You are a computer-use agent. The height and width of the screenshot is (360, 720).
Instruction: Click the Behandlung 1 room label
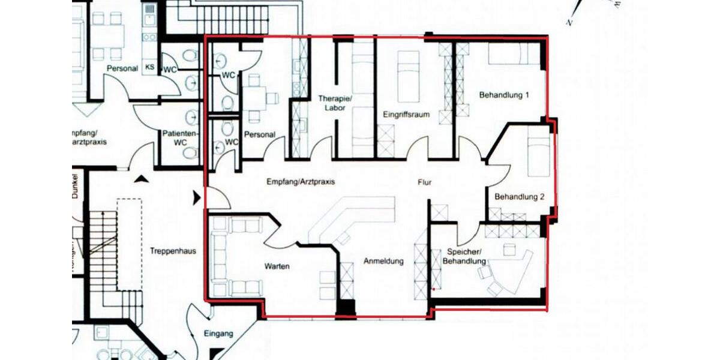pos(503,95)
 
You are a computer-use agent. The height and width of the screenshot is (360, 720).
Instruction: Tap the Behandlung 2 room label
pos(519,197)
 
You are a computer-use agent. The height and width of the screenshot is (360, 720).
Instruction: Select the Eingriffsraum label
pos(406,114)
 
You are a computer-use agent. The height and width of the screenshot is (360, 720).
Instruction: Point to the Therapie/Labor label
pos(335,103)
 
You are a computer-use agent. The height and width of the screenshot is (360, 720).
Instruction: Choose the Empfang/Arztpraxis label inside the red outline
pos(300,181)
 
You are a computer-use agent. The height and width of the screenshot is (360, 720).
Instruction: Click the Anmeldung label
pos(383,262)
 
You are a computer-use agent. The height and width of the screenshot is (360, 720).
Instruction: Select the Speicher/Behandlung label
pos(464,257)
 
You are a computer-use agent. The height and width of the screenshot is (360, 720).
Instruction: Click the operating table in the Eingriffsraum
pos(409,73)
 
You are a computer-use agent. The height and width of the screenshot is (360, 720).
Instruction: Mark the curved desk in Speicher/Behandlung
pos(510,273)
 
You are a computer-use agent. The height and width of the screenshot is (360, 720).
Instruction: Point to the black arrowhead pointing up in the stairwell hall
pos(140,178)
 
